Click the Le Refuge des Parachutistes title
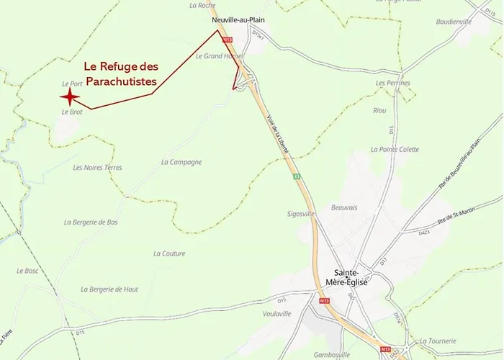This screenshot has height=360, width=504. pos(121,74)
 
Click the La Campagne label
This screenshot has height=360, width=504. pos(181,162)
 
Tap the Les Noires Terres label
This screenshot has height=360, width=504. pos(97,167)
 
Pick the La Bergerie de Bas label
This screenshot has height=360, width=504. pos(91,222)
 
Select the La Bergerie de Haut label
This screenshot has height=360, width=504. pos(109,289)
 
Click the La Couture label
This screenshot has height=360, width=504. pos(169,253)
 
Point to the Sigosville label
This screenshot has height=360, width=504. pos(301,214)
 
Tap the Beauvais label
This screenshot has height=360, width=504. pos(344,207)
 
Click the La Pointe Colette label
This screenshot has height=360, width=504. pos(394,149)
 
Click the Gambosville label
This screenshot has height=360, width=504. pos(332,354)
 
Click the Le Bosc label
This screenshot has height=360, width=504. pos(27,271)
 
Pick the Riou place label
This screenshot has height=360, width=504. pos(379,110)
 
